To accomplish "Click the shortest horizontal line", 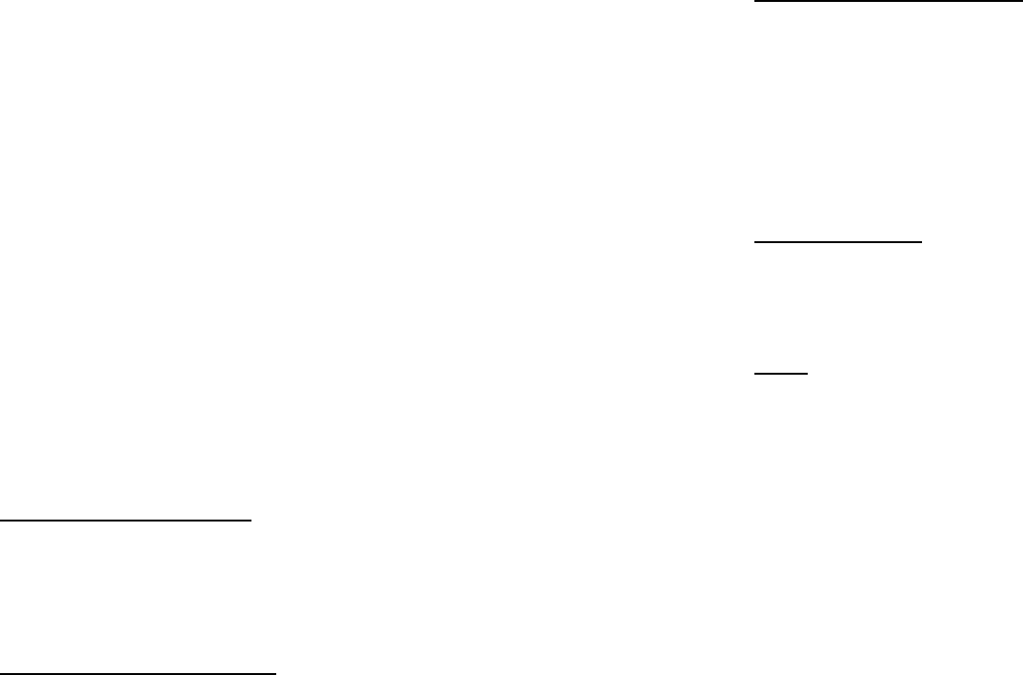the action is point(781,373).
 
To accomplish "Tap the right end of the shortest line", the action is point(808,373).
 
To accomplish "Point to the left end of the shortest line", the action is point(754,373).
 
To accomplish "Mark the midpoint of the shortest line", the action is point(781,373).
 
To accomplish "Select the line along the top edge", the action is point(887,2).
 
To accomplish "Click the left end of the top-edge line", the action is point(754,2).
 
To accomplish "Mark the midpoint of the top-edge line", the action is point(887,2).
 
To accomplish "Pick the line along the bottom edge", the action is point(138,673).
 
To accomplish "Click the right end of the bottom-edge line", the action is point(276,673).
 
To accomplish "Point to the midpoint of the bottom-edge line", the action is point(138,673).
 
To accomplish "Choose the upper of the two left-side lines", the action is point(126,521).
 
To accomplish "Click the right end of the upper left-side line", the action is point(251,521).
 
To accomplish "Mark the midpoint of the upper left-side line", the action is point(126,521).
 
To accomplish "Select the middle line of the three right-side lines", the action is point(838,242).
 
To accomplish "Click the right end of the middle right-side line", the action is point(923,242).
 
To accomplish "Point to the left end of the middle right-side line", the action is point(754,242).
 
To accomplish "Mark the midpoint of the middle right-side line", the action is point(838,242).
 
